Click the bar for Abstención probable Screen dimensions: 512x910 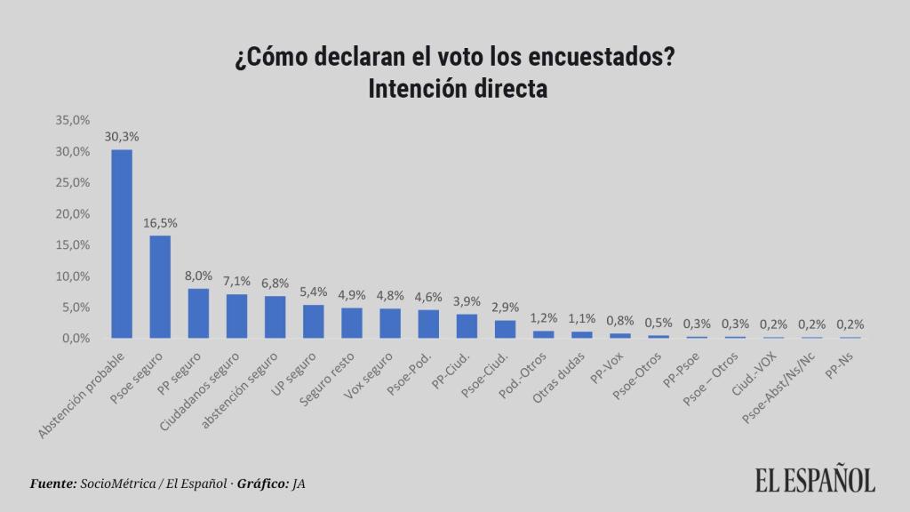click(x=122, y=244)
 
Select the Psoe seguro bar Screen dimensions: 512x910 click(x=160, y=286)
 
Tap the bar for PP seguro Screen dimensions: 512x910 click(x=198, y=313)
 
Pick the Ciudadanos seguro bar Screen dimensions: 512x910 click(x=236, y=316)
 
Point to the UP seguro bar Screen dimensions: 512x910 click(x=313, y=321)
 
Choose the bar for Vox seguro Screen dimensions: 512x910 click(x=390, y=323)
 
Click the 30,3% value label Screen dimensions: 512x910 click(x=122, y=137)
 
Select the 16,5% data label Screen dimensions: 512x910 click(x=160, y=223)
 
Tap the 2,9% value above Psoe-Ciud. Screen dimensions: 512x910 click(x=505, y=308)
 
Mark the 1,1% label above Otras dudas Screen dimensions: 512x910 click(x=581, y=319)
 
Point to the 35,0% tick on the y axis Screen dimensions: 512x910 click(x=73, y=120)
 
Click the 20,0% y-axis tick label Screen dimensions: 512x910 click(x=73, y=214)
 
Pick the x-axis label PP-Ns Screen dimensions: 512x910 click(x=839, y=364)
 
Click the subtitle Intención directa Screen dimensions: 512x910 click(x=455, y=90)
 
